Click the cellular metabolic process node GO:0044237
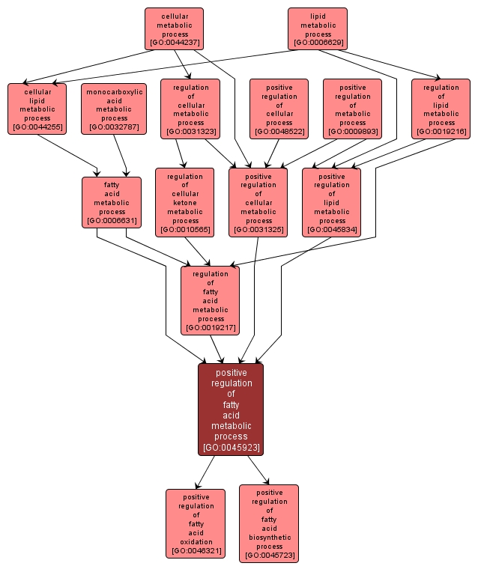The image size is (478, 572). (x=174, y=29)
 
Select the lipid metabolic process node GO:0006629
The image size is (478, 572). (x=318, y=29)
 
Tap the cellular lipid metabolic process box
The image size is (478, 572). (x=37, y=109)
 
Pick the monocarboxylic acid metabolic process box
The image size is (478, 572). (x=114, y=109)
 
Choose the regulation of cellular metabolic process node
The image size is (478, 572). (x=190, y=109)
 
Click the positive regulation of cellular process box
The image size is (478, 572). (x=279, y=109)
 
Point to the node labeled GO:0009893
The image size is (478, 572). (x=352, y=109)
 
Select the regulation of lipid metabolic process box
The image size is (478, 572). (x=441, y=109)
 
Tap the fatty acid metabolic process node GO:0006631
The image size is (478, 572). (x=111, y=202)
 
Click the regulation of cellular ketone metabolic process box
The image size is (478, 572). (x=184, y=202)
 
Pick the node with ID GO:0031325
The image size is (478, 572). (x=258, y=202)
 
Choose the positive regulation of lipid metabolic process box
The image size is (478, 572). (x=331, y=202)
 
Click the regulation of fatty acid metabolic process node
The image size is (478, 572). (x=210, y=300)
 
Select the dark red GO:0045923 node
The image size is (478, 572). (x=231, y=409)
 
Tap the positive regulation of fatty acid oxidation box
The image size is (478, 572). (x=195, y=523)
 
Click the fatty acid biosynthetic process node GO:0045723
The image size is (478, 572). (x=268, y=523)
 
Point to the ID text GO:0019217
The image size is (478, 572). (x=210, y=327)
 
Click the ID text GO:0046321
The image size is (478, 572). (x=195, y=551)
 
